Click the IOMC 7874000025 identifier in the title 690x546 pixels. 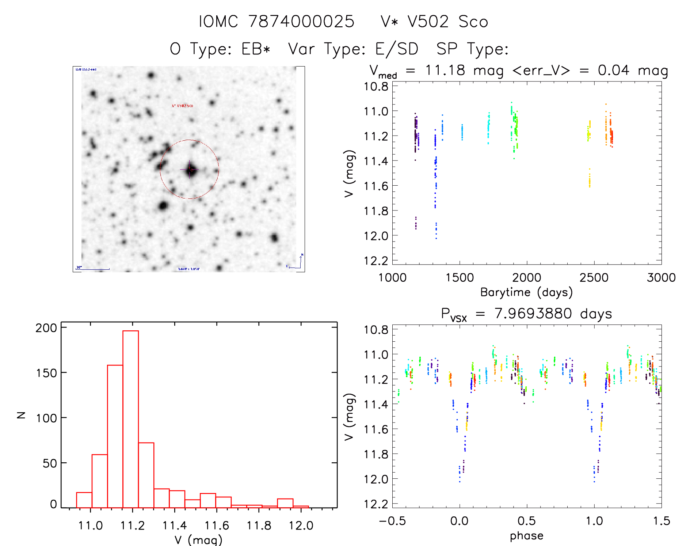pos(277,22)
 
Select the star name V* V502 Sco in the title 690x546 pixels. pos(434,22)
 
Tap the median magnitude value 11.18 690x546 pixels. pos(445,70)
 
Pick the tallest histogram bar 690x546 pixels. pos(130,419)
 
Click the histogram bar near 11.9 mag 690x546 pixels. pos(285,503)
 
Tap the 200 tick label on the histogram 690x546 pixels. pos(46,328)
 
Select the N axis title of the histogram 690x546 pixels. pos(21,415)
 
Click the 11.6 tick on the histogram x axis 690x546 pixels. pos(217,526)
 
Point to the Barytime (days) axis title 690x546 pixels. pos(526,292)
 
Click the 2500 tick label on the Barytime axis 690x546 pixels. pos(594,278)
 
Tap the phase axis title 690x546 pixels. pos(526,536)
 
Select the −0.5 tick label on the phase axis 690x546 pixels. pos(392,521)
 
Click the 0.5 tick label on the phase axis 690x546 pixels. pos(527,521)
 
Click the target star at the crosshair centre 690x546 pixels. pos(190,170)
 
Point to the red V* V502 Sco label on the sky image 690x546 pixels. pos(182,106)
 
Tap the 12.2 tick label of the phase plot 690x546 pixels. pos(376,504)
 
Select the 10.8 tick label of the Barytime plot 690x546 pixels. pos(376,87)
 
